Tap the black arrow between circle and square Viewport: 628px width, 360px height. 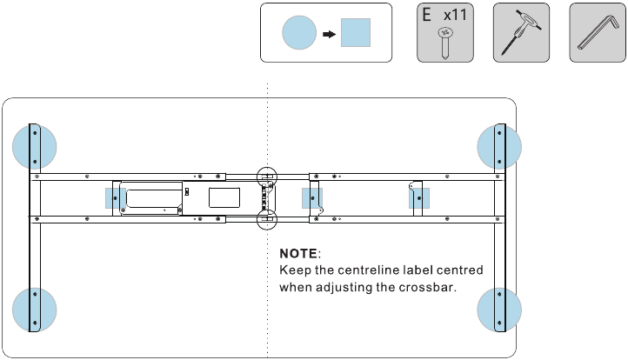click(x=329, y=35)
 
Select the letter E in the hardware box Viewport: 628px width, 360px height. click(x=426, y=16)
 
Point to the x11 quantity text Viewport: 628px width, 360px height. click(x=454, y=16)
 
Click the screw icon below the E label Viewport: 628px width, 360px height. click(x=444, y=41)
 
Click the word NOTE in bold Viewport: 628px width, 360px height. click(x=298, y=254)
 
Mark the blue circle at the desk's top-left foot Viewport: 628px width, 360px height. click(x=35, y=146)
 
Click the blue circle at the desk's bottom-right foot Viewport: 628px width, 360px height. click(x=500, y=309)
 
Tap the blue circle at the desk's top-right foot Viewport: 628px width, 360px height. click(x=500, y=146)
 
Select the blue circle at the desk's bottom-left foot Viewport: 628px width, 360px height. click(x=35, y=309)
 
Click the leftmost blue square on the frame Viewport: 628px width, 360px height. click(x=115, y=198)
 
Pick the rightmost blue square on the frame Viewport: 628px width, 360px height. click(x=419, y=198)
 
